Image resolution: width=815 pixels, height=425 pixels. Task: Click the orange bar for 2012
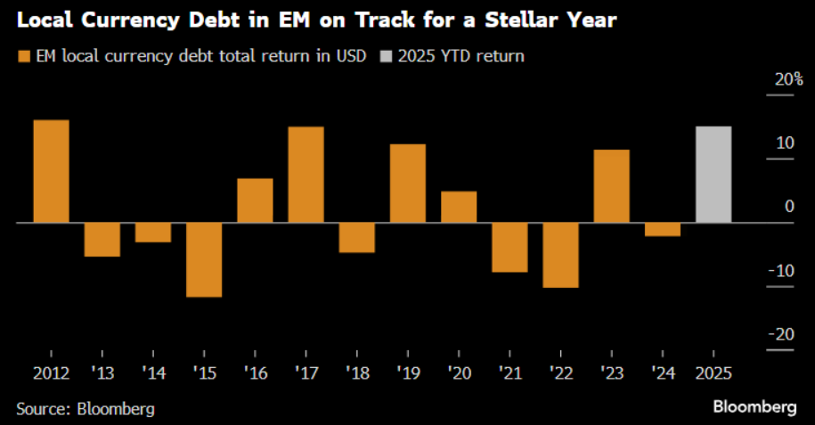pyautogui.click(x=51, y=171)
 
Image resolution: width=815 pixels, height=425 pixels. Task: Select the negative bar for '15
pyautogui.click(x=204, y=259)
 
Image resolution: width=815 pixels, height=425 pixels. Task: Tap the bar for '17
pyautogui.click(x=306, y=175)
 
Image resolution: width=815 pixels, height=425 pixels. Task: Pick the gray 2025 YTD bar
pyautogui.click(x=713, y=175)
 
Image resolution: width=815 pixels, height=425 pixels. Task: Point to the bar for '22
pyautogui.click(x=560, y=255)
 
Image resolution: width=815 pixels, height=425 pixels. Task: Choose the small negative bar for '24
pyautogui.click(x=662, y=229)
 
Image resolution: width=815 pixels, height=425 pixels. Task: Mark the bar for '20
pyautogui.click(x=459, y=207)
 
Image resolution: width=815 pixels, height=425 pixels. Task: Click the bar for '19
pyautogui.click(x=408, y=183)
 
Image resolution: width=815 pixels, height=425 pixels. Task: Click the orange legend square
pyautogui.click(x=23, y=56)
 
